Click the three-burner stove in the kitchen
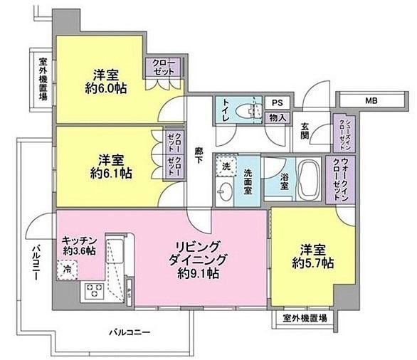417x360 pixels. click(94, 290)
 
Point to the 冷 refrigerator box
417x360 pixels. click(67, 270)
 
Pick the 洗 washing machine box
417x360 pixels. click(226, 166)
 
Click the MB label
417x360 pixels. click(371, 101)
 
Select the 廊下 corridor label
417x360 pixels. click(199, 156)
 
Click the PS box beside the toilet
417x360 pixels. click(277, 103)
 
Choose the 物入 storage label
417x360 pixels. click(278, 118)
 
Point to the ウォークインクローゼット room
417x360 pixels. click(340, 180)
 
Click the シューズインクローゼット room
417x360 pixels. click(344, 134)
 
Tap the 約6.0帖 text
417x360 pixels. click(106, 88)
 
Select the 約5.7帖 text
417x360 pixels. click(313, 263)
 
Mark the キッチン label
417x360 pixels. click(79, 240)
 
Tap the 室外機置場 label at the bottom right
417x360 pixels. click(305, 318)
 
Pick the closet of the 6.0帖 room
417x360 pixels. click(163, 67)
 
